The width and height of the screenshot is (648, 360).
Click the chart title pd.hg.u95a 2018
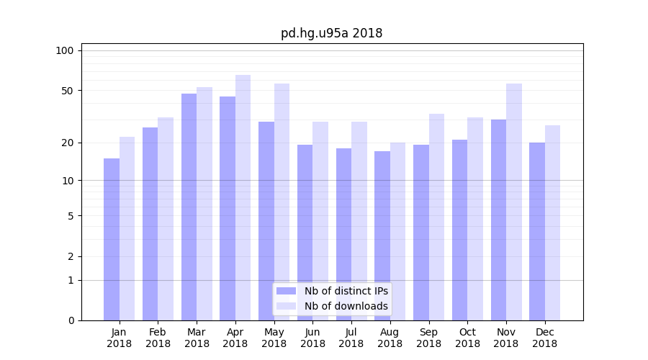(331, 33)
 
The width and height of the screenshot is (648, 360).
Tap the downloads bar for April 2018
(243, 197)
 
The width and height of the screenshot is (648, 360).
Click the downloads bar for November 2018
(514, 202)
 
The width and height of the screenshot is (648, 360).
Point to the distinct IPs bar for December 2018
(537, 231)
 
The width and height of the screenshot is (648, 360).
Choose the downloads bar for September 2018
(436, 217)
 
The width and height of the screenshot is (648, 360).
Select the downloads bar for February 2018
(166, 219)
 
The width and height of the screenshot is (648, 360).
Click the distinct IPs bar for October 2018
(459, 230)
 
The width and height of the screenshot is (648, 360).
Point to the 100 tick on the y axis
(65, 50)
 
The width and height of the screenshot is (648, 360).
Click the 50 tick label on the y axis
(67, 91)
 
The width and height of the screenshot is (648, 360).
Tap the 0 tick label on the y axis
(71, 320)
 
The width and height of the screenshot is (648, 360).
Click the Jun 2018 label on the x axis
(312, 338)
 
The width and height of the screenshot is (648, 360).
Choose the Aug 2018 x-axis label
(390, 338)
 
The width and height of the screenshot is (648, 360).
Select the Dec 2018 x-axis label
(545, 338)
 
